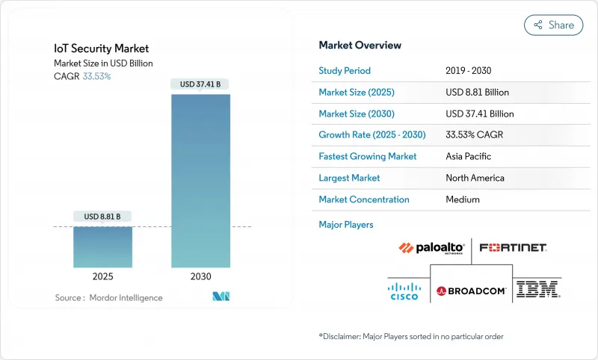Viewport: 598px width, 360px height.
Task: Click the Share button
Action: pos(553,25)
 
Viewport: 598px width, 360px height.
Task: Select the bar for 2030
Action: pos(200,179)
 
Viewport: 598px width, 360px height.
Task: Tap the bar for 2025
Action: pos(103,246)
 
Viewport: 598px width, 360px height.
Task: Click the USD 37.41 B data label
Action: pos(200,84)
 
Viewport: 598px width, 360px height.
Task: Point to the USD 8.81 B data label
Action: pos(103,217)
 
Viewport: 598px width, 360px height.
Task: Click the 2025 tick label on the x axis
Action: pos(103,276)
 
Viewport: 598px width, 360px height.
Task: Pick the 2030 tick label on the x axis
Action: pos(200,276)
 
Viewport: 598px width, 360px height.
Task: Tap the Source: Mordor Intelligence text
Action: pos(108,297)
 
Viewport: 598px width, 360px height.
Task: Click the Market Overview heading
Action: pos(360,46)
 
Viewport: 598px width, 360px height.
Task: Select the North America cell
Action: pos(475,178)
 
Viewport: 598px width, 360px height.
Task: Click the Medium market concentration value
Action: pos(462,199)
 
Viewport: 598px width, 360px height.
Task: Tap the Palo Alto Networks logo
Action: pos(431,249)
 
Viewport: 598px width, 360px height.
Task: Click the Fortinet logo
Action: pos(513,247)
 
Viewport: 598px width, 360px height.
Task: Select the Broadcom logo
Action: pos(472,291)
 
